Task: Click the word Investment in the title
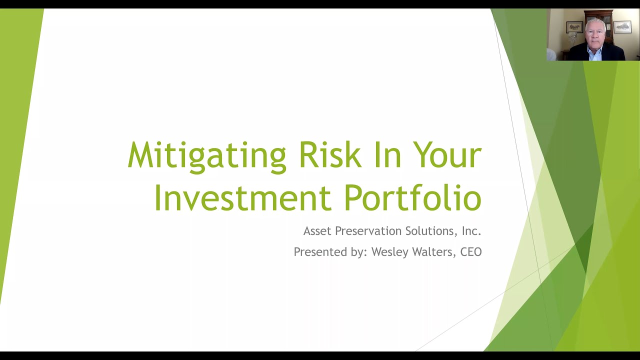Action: pyautogui.click(x=242, y=197)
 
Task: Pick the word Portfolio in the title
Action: pyautogui.click(x=412, y=197)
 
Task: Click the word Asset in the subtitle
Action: pyautogui.click(x=317, y=231)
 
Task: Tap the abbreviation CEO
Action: pyautogui.click(x=471, y=252)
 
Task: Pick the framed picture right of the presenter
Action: pyautogui.click(x=622, y=26)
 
